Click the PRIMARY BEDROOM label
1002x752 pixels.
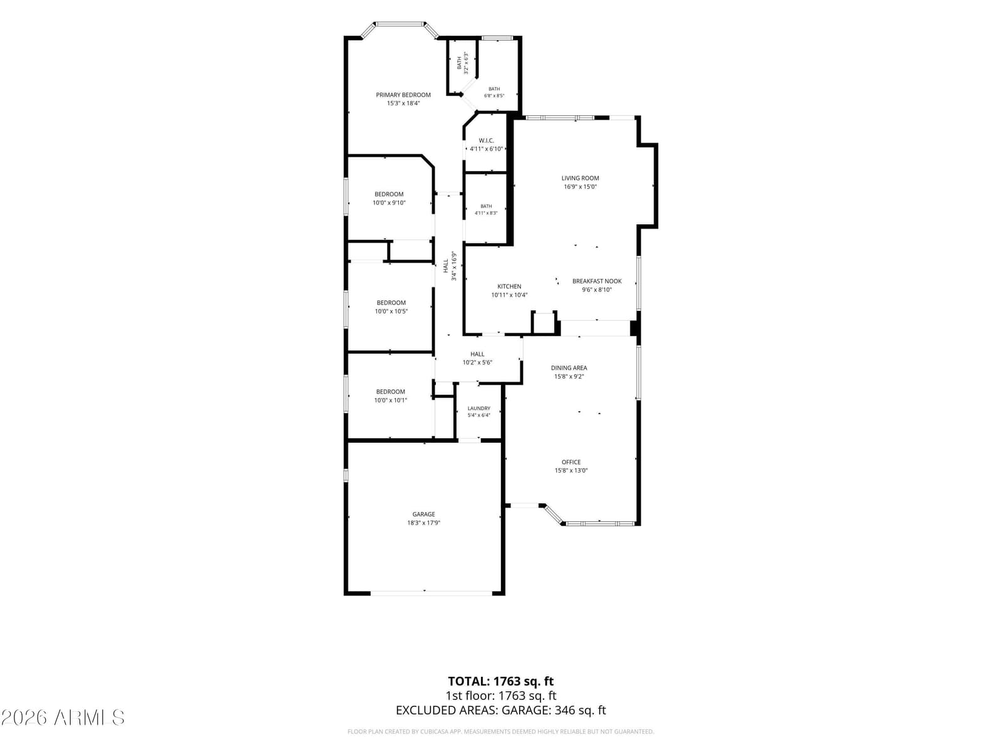(x=403, y=95)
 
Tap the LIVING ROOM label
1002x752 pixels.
(x=580, y=178)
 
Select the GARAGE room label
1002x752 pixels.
(x=423, y=514)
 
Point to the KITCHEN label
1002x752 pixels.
(x=509, y=286)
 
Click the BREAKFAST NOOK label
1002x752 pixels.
(x=597, y=281)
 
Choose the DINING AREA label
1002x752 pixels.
(x=569, y=368)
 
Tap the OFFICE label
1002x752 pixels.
(x=571, y=462)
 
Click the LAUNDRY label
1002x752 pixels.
(x=479, y=408)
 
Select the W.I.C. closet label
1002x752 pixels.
(x=486, y=140)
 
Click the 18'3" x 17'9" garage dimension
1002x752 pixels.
(x=423, y=523)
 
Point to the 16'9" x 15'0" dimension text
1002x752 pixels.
(x=580, y=187)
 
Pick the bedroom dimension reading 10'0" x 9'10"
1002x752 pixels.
(x=389, y=202)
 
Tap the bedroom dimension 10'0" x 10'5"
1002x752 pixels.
(x=391, y=311)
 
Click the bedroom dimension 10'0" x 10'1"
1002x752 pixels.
(x=390, y=400)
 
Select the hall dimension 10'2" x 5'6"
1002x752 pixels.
(x=477, y=363)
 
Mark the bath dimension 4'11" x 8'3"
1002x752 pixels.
(x=486, y=213)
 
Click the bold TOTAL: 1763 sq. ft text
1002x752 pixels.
(x=501, y=681)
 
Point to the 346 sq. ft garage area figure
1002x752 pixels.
(x=580, y=710)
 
